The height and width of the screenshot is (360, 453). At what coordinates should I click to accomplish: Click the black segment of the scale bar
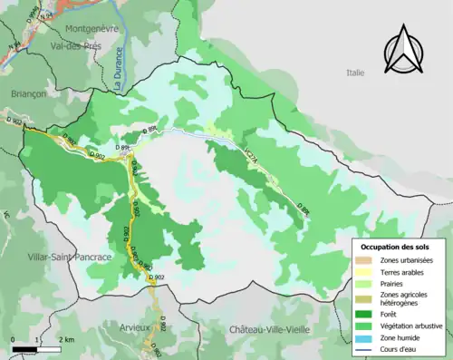25,347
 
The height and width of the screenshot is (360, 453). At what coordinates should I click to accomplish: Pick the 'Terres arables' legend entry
400,271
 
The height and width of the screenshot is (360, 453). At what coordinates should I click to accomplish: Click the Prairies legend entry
391,283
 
